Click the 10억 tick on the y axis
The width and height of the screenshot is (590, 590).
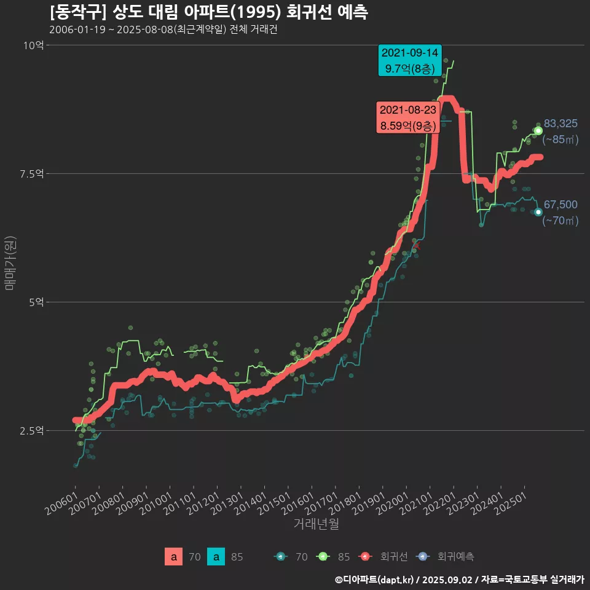34,45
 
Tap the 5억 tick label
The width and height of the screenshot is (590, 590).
36,302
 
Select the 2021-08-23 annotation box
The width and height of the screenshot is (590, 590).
408,117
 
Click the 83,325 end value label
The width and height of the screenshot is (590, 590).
560,124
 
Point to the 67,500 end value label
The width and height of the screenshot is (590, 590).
560,205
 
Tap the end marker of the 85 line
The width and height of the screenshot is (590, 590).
538,130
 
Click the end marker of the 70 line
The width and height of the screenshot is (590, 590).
538,212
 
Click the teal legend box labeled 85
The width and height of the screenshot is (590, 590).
216,557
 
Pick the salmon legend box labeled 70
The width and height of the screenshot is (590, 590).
173,557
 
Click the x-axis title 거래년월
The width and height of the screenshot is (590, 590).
317,524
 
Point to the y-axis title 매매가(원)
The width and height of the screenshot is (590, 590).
10,262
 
